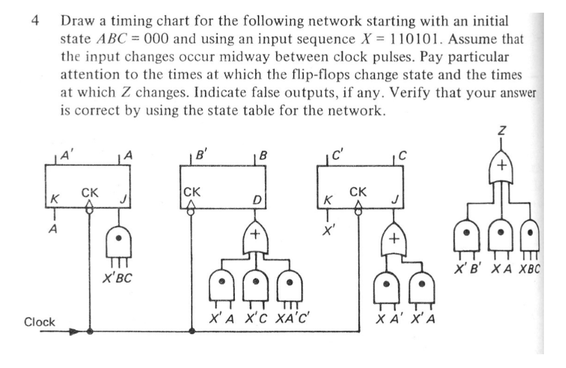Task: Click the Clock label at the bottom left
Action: tap(39, 322)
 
